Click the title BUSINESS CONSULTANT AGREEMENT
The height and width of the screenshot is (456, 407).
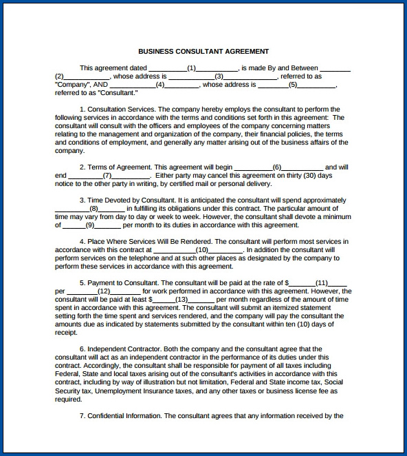(x=203, y=51)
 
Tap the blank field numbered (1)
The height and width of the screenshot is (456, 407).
(x=192, y=68)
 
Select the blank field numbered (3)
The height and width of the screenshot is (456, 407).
(x=219, y=76)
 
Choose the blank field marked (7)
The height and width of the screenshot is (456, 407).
(x=107, y=176)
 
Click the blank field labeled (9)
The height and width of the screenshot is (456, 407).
(x=90, y=225)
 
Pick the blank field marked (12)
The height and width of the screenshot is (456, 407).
(x=104, y=291)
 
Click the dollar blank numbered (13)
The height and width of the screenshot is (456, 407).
(x=181, y=300)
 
